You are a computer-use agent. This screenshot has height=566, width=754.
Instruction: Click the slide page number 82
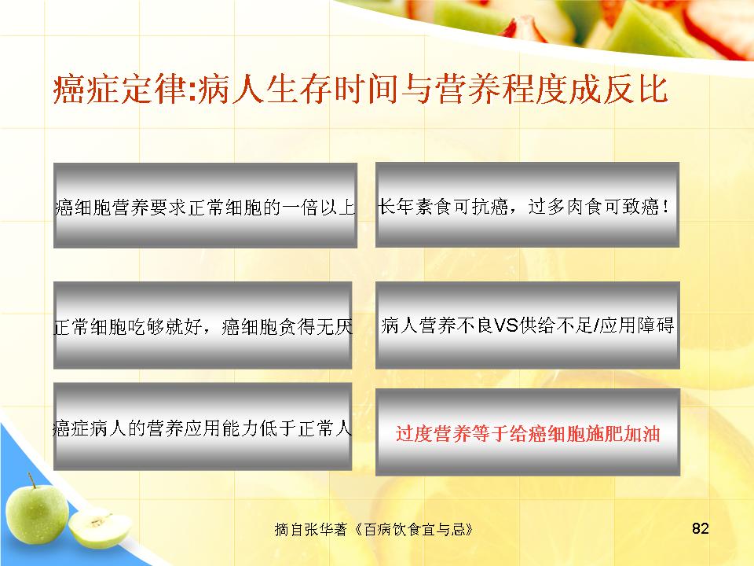[700, 528]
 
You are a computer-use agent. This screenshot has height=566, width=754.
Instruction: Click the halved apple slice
[100, 529]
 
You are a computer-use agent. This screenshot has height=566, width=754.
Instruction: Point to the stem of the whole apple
[31, 480]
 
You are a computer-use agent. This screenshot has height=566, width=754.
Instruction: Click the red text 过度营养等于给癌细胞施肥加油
[528, 434]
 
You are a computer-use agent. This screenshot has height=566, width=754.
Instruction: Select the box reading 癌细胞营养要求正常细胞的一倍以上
[205, 205]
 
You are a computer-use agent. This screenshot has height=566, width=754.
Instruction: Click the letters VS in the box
[506, 325]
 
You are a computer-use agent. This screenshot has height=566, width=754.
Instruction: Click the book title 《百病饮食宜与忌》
[414, 529]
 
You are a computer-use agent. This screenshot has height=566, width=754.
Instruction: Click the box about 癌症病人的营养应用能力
[203, 426]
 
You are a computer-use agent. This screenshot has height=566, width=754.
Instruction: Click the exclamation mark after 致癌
[665, 207]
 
